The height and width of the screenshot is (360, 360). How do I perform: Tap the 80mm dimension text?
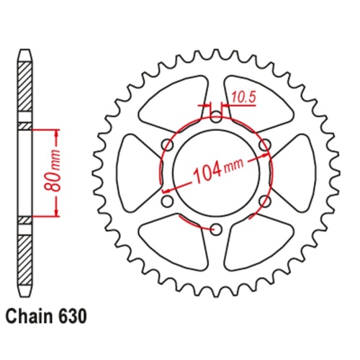[x=66, y=173]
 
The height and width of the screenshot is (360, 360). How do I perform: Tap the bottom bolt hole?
[x=215, y=229]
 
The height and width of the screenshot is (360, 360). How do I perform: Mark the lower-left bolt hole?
[x=165, y=201]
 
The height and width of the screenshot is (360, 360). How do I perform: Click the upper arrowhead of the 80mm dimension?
[x=55, y=133]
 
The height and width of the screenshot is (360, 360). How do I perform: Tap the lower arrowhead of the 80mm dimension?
[x=55, y=213]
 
